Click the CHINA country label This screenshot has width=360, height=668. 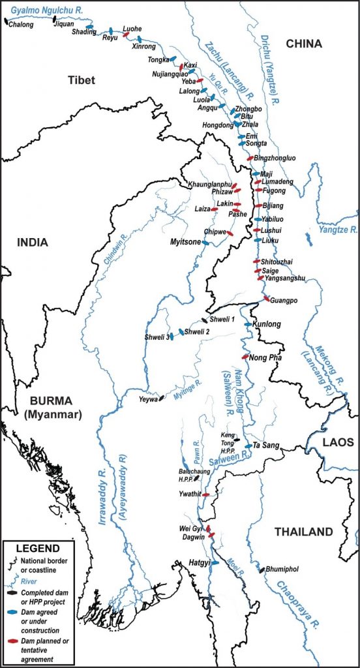click(304, 44)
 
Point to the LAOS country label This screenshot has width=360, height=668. click(338, 442)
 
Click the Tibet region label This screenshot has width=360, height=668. click(82, 80)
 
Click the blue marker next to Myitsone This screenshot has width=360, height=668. click(205, 243)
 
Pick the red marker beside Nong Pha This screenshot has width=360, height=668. click(245, 357)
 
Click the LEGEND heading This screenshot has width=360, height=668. click(37, 548)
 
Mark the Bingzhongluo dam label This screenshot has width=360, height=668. click(279, 159)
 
